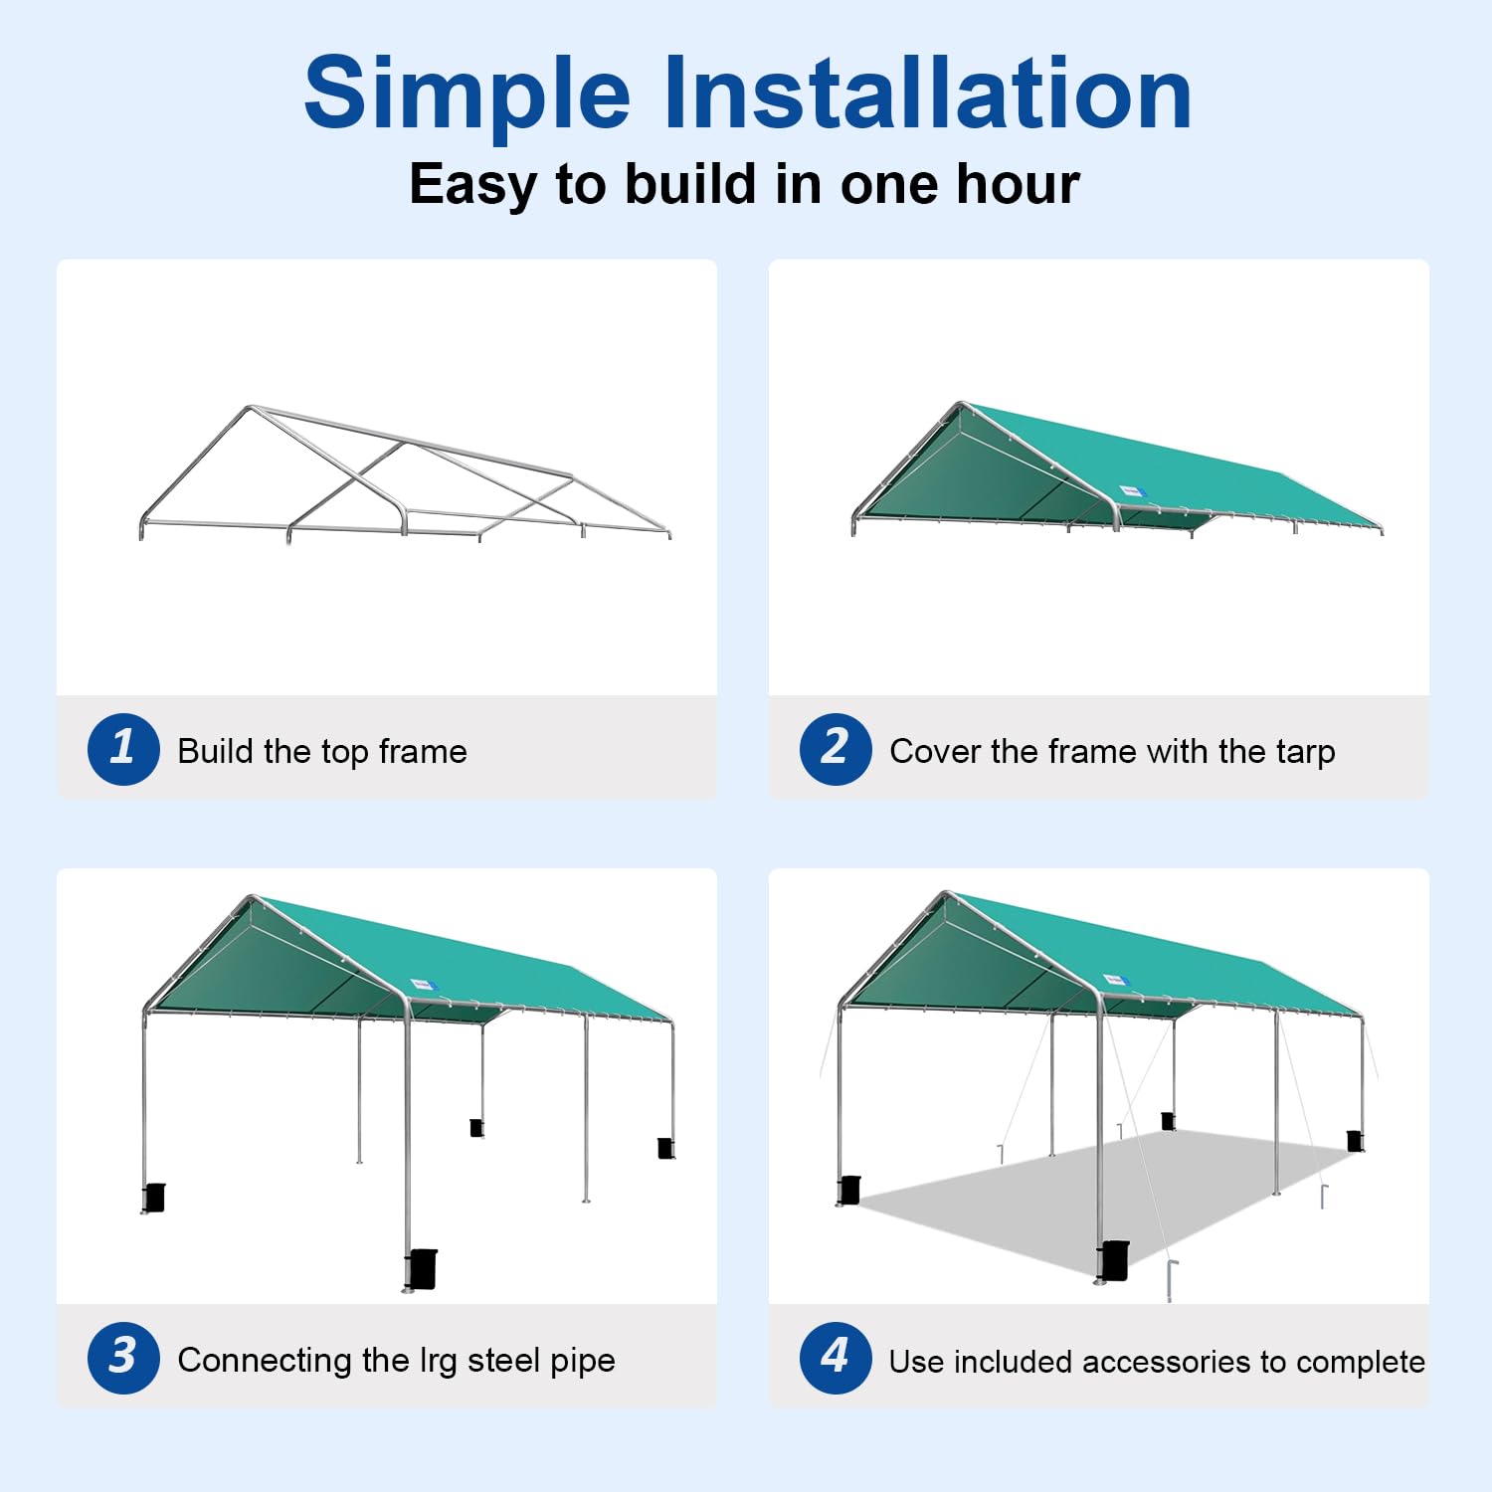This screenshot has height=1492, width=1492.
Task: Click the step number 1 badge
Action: click(x=123, y=749)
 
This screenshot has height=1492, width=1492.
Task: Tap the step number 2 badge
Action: click(x=836, y=749)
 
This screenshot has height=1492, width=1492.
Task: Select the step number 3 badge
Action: click(x=123, y=1358)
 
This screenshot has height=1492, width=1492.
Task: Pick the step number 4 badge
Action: click(x=836, y=1358)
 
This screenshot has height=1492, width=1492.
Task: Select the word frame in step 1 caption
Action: click(x=423, y=751)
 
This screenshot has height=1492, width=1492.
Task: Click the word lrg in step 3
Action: click(x=438, y=1362)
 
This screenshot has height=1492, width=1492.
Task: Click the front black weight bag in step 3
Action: click(x=421, y=1268)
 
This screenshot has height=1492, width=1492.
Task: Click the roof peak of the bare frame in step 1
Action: click(x=250, y=408)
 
